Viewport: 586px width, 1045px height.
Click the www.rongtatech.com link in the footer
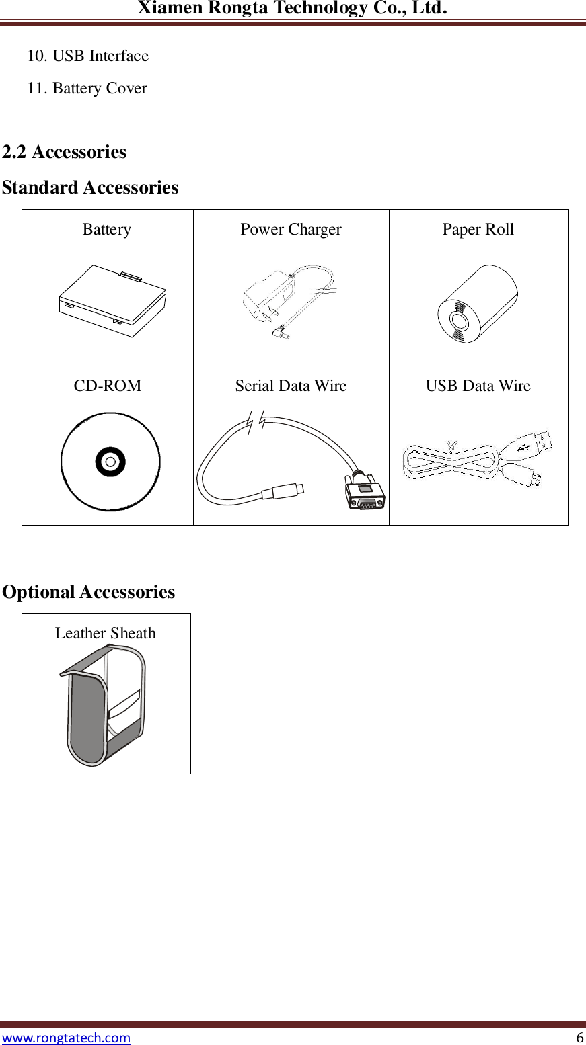[x=66, y=1037]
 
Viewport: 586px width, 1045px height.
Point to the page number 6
[x=579, y=1037]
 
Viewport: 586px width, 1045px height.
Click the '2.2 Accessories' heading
[x=64, y=152]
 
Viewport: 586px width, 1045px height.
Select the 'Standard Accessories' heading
[x=90, y=187]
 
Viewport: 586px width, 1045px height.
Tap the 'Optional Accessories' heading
[x=88, y=592]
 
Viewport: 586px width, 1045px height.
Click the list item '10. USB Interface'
[x=87, y=56]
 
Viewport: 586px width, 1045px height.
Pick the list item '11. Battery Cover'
[x=87, y=88]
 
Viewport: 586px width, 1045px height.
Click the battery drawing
[x=112, y=300]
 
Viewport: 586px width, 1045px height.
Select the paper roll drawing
[x=477, y=304]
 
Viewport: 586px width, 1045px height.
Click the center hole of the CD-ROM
[x=110, y=462]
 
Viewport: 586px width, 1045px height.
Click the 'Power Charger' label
[x=291, y=229]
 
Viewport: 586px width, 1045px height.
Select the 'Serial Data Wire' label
[x=291, y=386]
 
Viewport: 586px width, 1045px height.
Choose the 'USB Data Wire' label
[x=478, y=386]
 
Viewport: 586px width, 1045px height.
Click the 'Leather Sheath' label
[x=105, y=633]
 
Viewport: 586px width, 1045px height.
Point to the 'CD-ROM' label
[x=108, y=386]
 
